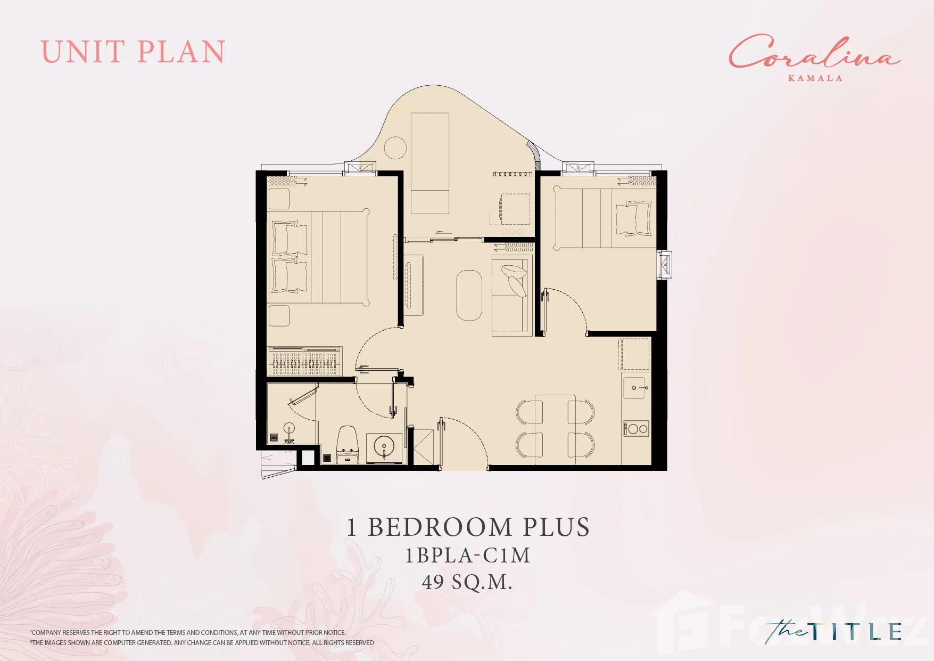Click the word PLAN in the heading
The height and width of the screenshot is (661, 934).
181,52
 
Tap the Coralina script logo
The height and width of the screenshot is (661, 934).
814,52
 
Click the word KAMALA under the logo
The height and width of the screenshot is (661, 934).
815,78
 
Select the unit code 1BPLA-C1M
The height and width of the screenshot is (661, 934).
468,556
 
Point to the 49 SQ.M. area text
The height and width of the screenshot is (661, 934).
467,582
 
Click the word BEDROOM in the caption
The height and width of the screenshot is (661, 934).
441,527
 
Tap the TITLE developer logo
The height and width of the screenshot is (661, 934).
833,632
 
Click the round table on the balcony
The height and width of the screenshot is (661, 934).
395,148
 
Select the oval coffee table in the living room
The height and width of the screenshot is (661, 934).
469,295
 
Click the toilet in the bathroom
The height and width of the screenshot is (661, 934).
348,445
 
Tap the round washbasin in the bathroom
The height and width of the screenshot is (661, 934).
384,446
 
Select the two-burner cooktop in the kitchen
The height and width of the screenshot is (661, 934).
637,428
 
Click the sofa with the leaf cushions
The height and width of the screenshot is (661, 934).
512,296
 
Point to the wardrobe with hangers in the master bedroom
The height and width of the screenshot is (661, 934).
304,362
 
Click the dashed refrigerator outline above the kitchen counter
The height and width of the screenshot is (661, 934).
634,354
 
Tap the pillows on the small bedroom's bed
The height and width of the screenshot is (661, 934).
633,218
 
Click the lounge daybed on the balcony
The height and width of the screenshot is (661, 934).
430,163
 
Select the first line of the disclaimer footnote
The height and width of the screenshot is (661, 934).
188,633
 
